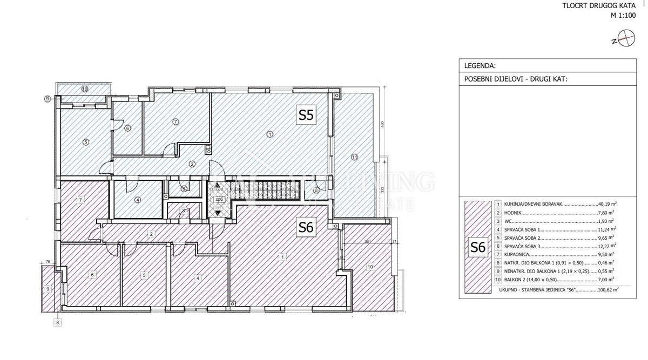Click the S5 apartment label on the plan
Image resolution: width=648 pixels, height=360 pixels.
(x=306, y=115)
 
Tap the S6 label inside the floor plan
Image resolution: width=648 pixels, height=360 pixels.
(x=306, y=228)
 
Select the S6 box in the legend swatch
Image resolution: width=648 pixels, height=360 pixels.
(x=477, y=247)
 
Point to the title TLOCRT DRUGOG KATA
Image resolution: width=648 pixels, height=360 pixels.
(x=606, y=6)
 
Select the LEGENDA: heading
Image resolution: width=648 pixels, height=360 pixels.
(x=480, y=66)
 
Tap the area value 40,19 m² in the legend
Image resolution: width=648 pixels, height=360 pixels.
(x=608, y=205)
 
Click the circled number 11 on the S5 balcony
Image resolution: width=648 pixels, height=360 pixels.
(x=354, y=157)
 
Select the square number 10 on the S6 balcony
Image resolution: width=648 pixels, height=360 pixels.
(x=370, y=266)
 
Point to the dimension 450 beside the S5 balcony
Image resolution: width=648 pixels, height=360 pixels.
(x=382, y=125)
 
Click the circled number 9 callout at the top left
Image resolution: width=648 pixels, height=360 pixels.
(x=48, y=99)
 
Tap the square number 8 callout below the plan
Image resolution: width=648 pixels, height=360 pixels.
(x=58, y=323)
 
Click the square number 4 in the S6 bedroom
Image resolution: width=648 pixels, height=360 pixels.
(x=198, y=278)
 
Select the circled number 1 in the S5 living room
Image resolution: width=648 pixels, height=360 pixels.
(x=270, y=134)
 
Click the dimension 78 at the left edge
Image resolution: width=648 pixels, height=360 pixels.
(x=48, y=262)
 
